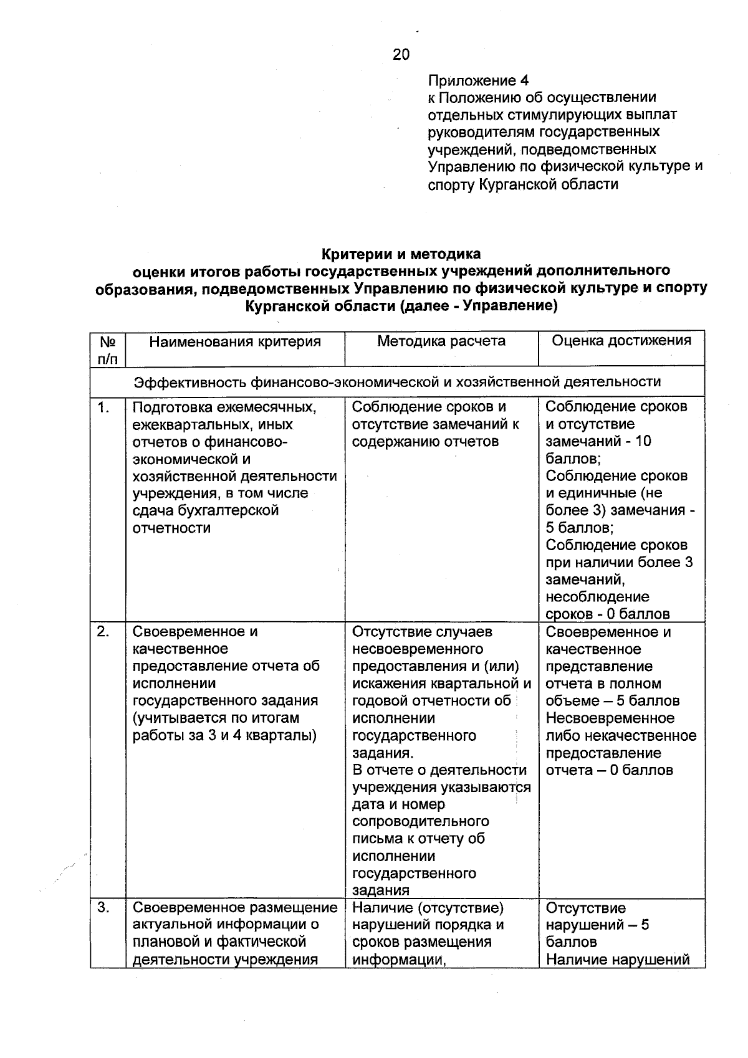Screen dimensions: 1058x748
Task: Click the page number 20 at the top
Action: [x=401, y=55]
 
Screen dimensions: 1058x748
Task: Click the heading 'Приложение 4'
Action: [x=478, y=81]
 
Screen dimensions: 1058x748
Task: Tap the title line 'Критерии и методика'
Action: [x=401, y=254]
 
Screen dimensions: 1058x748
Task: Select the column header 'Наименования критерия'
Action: [x=235, y=341]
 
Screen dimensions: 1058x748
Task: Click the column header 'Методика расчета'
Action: [x=441, y=341]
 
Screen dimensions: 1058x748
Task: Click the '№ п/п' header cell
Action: [x=108, y=350]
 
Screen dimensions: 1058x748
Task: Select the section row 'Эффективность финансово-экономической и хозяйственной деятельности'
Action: [x=398, y=381]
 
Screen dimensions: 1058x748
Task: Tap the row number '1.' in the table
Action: [x=103, y=408]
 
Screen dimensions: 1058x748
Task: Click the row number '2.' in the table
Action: [x=103, y=632]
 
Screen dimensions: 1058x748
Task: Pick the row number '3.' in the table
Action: [x=103, y=908]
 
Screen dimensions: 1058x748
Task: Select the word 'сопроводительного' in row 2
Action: [x=421, y=821]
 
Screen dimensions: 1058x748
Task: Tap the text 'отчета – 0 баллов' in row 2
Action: [x=610, y=770]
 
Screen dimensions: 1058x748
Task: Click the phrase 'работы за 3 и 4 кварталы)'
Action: [x=225, y=735]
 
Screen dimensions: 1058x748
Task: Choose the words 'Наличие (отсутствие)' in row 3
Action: [x=428, y=908]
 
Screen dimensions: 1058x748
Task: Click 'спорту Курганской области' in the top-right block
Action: [x=523, y=184]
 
